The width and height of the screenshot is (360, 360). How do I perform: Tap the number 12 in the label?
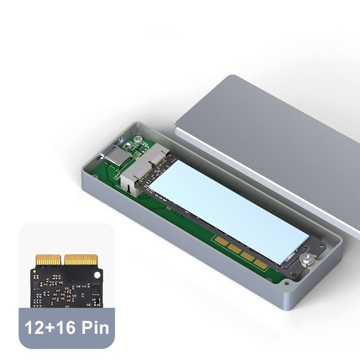[32, 328]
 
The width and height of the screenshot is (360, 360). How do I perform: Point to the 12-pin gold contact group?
[48, 260]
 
